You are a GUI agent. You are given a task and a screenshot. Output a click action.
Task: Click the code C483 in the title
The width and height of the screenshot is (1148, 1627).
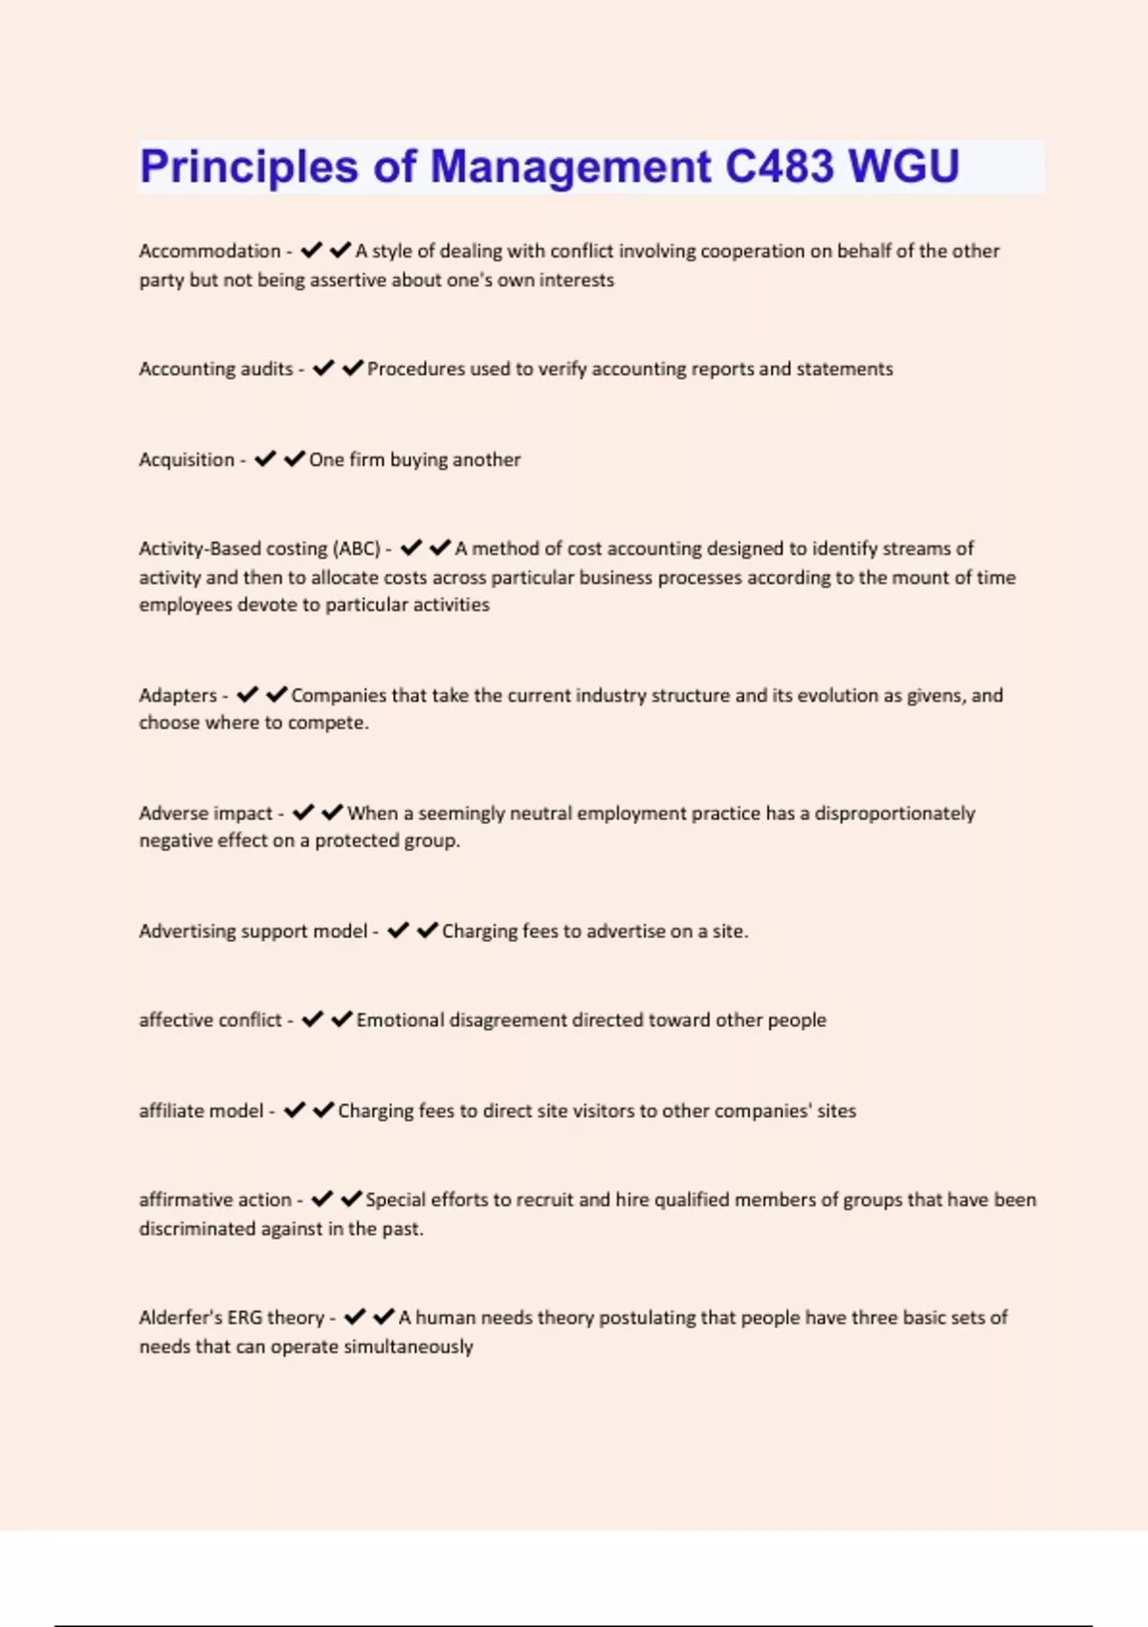780,167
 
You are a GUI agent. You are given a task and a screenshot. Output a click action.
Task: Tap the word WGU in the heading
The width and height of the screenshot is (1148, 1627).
904,167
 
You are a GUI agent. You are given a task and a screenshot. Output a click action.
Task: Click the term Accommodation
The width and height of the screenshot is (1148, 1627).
210,251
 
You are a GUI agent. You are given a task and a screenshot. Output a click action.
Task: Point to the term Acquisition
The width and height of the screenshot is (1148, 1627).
187,459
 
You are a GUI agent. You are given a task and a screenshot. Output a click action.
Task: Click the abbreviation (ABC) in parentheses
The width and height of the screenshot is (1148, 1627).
357,548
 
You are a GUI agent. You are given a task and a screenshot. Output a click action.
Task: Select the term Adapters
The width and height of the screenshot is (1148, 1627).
178,695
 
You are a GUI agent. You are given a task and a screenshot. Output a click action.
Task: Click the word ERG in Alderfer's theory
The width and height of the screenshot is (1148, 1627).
245,1317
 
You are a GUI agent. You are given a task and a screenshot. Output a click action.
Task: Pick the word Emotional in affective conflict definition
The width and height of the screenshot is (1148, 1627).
400,1020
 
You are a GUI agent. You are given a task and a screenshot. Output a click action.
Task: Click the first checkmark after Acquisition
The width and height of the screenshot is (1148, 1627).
265,459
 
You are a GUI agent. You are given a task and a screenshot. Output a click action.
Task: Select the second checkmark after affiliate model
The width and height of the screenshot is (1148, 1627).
323,1110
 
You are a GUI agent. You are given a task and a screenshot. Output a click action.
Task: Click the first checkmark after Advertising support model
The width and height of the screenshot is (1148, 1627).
398,930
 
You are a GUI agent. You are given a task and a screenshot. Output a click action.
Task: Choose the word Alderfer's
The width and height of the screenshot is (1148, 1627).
181,1317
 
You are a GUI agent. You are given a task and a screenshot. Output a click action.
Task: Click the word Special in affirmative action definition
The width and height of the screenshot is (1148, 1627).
395,1199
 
